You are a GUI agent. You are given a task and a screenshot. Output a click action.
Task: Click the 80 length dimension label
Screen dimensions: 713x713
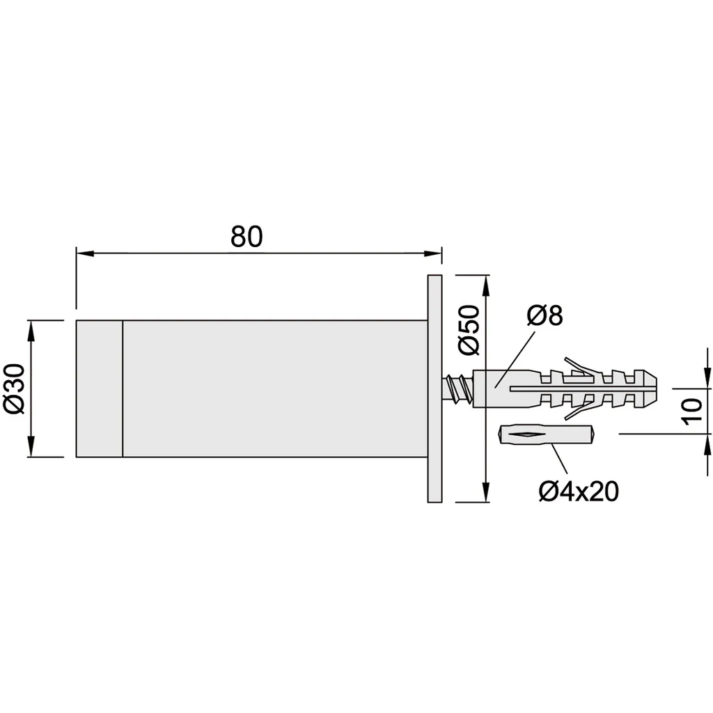[246, 237]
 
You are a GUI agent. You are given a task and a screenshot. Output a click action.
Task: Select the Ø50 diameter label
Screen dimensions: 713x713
[469, 329]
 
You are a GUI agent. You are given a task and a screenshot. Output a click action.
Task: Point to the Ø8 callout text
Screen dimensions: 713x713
[544, 315]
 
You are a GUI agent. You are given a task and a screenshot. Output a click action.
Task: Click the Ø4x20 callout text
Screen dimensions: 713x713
[579, 491]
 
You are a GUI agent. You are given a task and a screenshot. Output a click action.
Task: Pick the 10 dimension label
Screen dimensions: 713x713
[692, 412]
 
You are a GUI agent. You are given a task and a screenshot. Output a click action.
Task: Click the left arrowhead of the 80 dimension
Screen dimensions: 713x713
[85, 253]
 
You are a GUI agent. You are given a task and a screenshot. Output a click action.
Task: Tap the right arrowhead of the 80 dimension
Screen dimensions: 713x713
[433, 253]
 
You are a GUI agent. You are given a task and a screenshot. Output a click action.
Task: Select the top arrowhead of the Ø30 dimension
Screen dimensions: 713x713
[31, 330]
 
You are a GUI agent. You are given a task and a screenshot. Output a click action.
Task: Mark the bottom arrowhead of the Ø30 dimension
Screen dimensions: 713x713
[31, 448]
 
